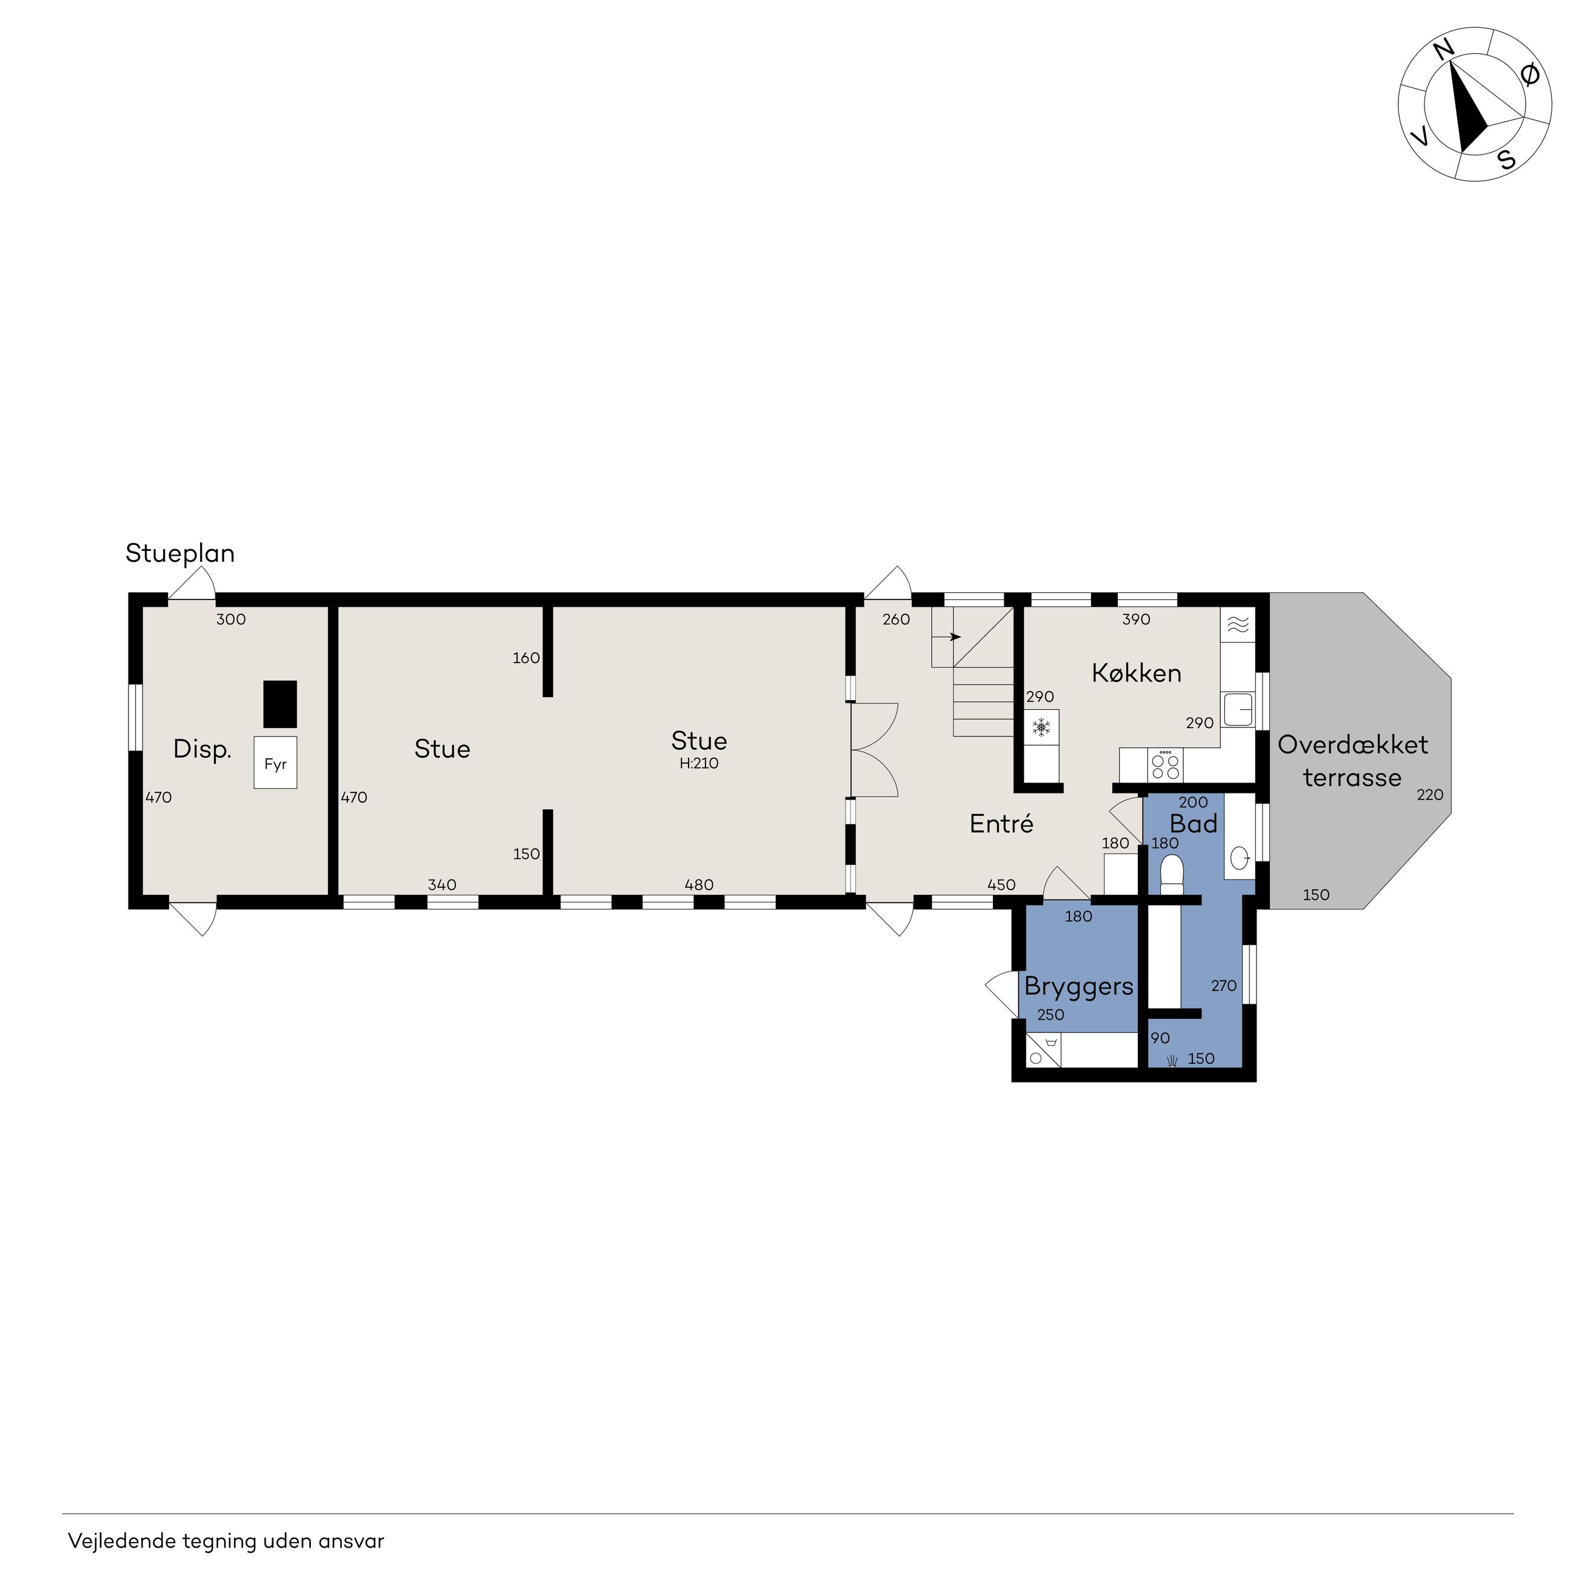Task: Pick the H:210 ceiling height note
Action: (x=699, y=764)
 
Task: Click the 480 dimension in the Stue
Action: (x=699, y=885)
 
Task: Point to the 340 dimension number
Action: (x=442, y=885)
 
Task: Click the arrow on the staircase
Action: (x=947, y=637)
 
